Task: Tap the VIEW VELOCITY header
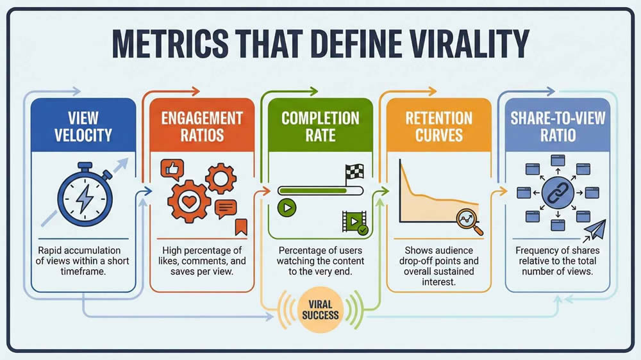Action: pos(83,126)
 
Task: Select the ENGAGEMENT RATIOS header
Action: pos(202,126)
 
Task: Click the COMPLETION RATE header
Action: pos(320,126)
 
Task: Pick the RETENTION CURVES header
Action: pos(438,126)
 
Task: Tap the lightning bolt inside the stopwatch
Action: pos(84,198)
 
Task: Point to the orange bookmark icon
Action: pos(241,226)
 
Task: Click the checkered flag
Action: pos(354,172)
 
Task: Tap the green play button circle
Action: pos(286,208)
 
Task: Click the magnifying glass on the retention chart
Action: pos(469,220)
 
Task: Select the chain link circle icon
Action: pos(556,192)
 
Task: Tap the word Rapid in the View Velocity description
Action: pos(51,250)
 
